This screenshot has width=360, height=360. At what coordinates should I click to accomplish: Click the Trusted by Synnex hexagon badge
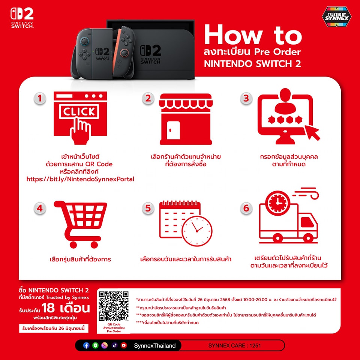pos(337,16)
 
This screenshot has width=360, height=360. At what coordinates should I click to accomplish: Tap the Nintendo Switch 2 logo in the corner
pos(22,18)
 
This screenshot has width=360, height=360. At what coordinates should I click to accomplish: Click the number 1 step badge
pos(40,99)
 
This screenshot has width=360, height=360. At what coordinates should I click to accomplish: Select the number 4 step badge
pos(40,208)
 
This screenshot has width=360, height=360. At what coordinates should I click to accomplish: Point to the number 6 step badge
pos(246,208)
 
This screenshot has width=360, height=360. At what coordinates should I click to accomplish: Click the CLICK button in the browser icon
pos(79,112)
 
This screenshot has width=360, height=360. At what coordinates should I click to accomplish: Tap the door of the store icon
pos(173,130)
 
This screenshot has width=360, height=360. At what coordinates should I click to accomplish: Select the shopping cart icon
pos(80,225)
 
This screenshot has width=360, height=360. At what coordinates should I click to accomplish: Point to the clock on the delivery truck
pos(277,203)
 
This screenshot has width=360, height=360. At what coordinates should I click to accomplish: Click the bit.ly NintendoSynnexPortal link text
pos(80,179)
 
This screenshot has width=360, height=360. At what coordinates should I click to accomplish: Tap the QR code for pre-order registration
pos(113,306)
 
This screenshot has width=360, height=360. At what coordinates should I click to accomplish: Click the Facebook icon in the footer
pos(86,345)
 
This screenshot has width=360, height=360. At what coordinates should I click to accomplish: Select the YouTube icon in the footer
pos(124,345)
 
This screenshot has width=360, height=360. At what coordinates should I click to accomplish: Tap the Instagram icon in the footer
pos(105,345)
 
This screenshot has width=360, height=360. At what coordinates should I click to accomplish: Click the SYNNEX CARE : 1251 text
pos(234,345)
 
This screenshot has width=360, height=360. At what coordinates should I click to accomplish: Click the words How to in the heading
pos(253,35)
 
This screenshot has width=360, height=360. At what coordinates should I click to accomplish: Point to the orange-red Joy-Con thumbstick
pos(124,53)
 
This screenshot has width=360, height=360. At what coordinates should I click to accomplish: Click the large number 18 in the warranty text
pos(48,308)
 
